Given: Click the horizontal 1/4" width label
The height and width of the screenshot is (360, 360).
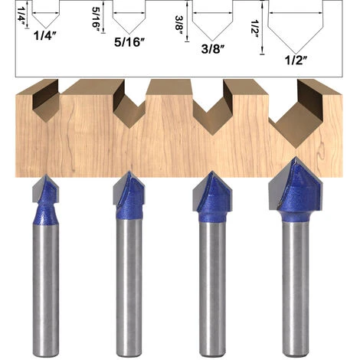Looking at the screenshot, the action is pos(44,36).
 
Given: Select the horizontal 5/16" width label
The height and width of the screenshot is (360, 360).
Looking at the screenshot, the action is pos(129,42).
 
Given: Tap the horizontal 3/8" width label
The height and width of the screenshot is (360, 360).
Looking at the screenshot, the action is pos(213,49).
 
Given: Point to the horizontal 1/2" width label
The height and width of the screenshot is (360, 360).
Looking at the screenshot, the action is pos(296,61).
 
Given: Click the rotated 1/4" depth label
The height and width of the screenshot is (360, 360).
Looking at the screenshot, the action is pos(21,15).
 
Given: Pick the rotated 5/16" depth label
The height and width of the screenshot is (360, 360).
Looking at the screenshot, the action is pos(96,19).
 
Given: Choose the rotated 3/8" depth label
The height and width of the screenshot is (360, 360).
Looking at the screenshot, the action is pos(179,26).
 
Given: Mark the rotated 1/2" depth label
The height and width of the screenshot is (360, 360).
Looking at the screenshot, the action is pos(255,29).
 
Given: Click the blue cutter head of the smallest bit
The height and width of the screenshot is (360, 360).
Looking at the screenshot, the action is pos(47,201).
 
